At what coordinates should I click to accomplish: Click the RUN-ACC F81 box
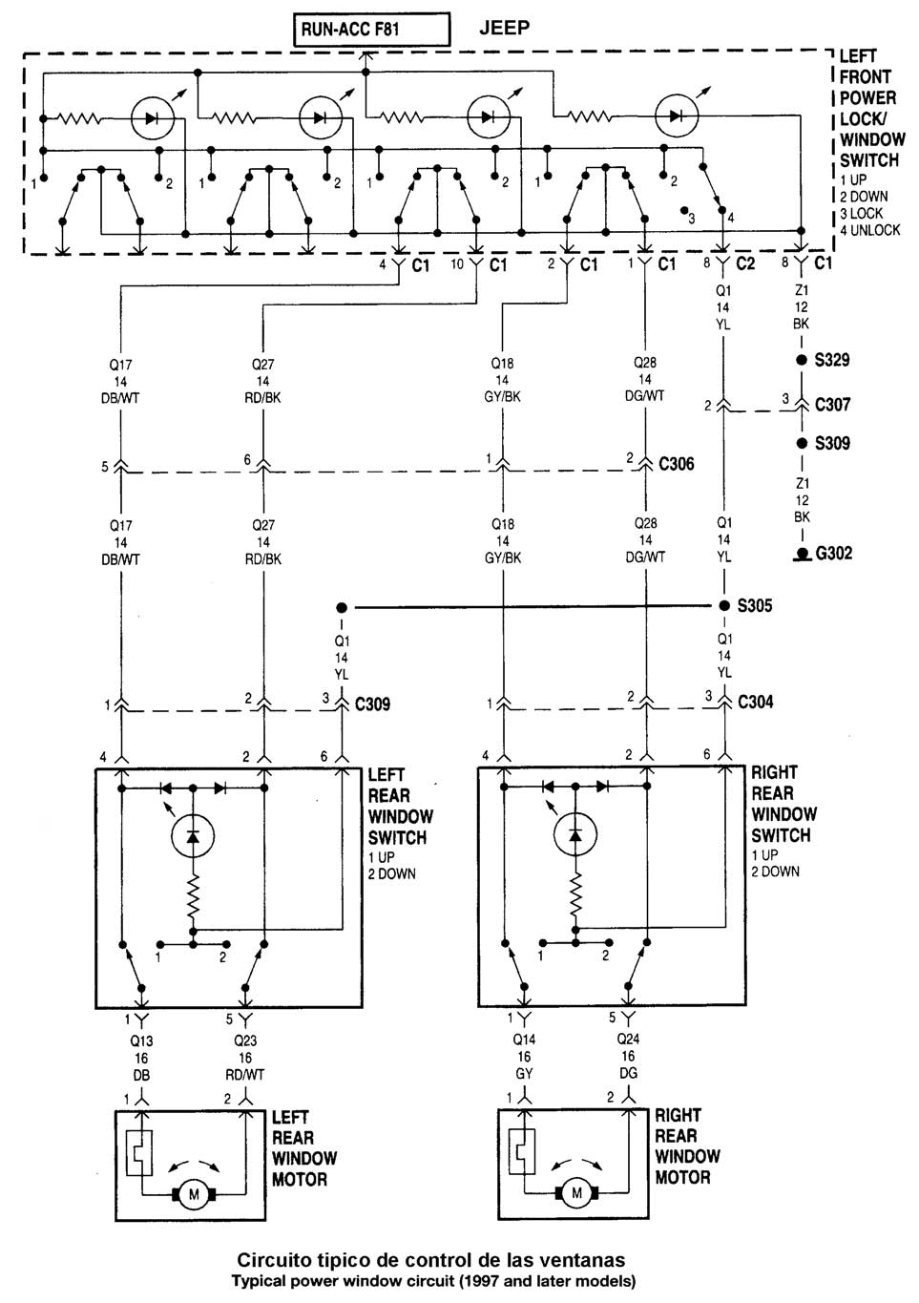point(370,30)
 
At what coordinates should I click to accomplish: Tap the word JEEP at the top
point(504,29)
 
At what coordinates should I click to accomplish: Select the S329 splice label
point(831,361)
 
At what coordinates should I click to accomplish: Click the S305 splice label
point(754,606)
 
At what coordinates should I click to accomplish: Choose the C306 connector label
point(677,464)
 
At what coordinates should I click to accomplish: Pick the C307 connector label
point(832,404)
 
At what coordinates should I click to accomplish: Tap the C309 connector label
point(372,705)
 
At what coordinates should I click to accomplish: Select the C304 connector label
point(755,703)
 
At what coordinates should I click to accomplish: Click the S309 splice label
point(832,444)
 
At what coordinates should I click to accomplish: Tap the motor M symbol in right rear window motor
point(575,1192)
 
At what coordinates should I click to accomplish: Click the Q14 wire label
point(524,1039)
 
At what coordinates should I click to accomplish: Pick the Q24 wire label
point(628,1039)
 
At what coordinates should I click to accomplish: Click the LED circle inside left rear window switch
point(193,836)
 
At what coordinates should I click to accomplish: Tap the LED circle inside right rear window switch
point(574,833)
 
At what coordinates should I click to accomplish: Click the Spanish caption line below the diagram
point(431,1260)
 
